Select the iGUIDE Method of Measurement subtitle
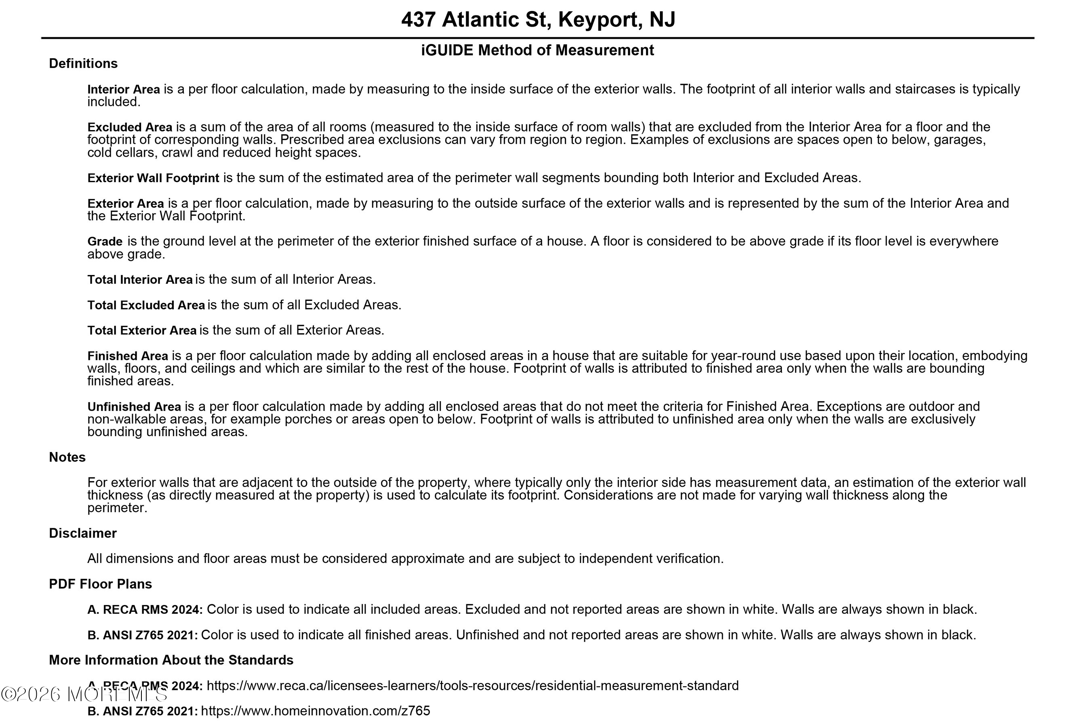click(x=537, y=50)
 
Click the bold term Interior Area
click(x=123, y=90)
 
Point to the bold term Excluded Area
click(x=129, y=128)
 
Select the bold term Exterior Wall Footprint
click(x=153, y=178)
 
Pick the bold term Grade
click(x=105, y=242)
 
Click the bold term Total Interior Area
click(x=140, y=279)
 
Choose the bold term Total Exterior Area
click(x=141, y=330)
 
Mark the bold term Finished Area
click(x=128, y=356)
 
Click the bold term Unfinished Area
click(x=134, y=407)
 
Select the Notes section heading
click(x=67, y=457)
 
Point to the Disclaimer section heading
click(x=82, y=533)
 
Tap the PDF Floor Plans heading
click(x=100, y=584)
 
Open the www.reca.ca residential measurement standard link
click(x=472, y=686)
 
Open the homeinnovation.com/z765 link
click(x=316, y=711)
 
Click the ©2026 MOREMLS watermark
click(x=84, y=694)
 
